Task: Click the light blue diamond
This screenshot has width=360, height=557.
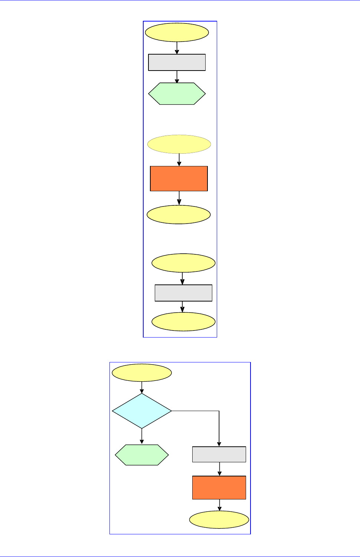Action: pos(142,411)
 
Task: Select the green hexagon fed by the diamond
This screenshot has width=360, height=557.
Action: pos(142,455)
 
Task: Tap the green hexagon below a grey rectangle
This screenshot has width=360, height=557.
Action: pos(177,94)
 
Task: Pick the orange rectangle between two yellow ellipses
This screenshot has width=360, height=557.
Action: pos(179,179)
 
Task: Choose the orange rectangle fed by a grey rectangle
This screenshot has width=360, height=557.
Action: pos(219,488)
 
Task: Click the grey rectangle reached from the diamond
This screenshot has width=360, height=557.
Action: pos(219,454)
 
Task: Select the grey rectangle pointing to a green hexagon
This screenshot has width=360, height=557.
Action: pos(177,62)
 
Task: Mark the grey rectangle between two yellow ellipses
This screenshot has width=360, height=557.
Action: pos(183,293)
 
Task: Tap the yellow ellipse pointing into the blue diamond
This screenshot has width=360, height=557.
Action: pos(142,373)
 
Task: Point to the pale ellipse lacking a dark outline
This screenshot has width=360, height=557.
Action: pos(179,144)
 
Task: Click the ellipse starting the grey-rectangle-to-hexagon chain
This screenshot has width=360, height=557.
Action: pos(177,33)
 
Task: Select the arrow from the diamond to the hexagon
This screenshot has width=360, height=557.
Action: pos(142,436)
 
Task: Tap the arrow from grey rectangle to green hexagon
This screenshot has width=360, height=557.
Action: pos(177,77)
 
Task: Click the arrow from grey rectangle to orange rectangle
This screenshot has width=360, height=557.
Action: pos(219,469)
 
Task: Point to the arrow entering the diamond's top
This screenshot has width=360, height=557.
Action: pos(142,388)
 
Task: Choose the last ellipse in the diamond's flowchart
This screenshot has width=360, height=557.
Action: pos(219,520)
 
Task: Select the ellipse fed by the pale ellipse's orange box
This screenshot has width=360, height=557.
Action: pos(179,215)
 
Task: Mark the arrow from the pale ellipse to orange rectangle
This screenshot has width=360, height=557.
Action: pos(179,160)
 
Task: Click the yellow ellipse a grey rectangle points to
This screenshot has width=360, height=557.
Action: pos(183,322)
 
